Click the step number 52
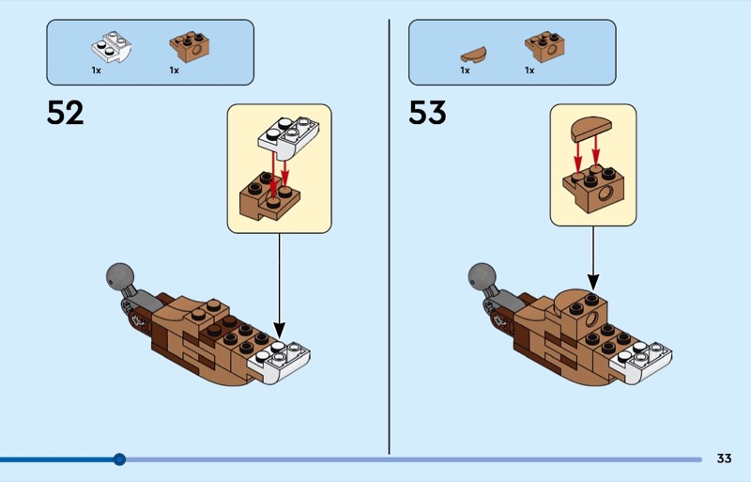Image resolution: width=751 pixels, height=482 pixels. point(65,114)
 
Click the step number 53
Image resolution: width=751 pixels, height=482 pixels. point(427,114)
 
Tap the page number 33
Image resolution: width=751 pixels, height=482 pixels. point(723,459)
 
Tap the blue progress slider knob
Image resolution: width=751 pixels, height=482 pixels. point(119,459)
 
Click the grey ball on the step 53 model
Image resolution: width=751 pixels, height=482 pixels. point(482,277)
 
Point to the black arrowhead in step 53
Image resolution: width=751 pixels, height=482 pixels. point(593,281)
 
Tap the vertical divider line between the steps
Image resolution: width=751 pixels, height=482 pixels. point(389,235)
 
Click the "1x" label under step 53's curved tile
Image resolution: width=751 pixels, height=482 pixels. point(465,70)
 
